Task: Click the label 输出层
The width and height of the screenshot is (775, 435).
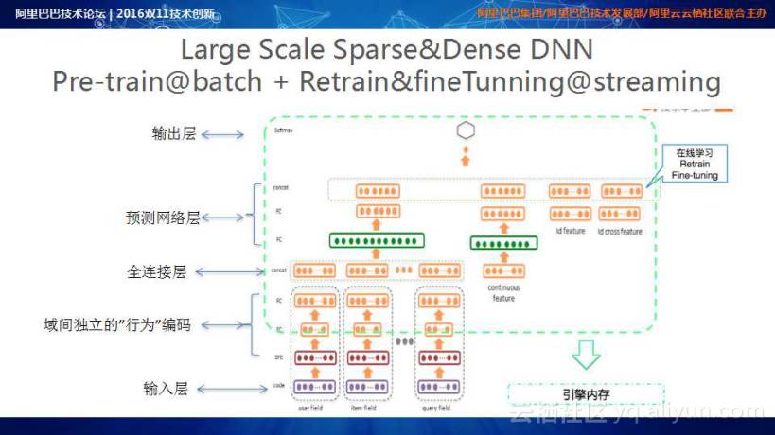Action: (x=174, y=134)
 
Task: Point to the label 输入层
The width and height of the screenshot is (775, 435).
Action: (x=166, y=388)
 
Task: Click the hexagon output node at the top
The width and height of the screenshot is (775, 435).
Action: (x=465, y=130)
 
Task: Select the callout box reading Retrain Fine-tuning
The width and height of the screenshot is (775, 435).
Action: (x=696, y=164)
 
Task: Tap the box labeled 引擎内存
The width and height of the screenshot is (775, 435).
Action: (x=586, y=395)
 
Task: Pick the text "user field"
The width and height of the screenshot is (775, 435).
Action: (x=311, y=409)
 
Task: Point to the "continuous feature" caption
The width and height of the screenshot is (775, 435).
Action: (x=503, y=292)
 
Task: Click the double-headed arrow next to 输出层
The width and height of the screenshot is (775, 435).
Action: (x=222, y=135)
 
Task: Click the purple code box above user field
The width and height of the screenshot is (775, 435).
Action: (x=312, y=387)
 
